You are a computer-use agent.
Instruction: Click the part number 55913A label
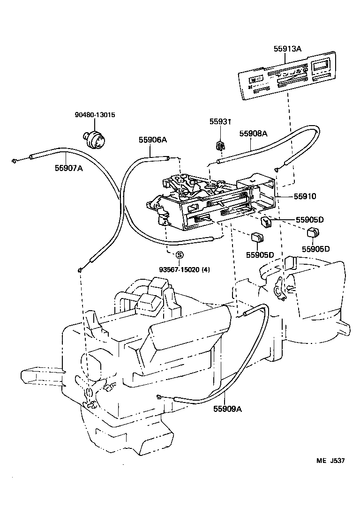click(288, 49)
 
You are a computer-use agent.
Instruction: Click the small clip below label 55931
click(219, 145)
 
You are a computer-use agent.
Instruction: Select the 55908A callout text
click(253, 134)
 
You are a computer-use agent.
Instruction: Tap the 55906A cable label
click(152, 139)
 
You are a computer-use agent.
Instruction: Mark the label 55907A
click(69, 168)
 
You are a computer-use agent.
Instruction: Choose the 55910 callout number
click(293, 197)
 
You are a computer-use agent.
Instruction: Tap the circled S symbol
click(179, 255)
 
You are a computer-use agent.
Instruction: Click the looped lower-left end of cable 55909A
click(160, 397)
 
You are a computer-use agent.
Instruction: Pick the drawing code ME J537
click(330, 461)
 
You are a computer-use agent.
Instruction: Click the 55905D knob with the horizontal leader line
click(267, 221)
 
